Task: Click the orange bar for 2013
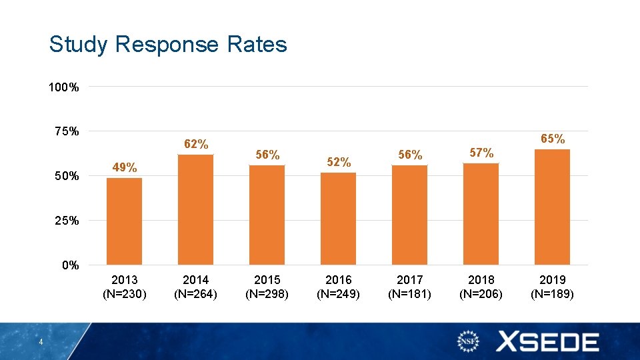tap(124, 221)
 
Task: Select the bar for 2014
tap(195, 209)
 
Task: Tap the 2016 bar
tap(338, 219)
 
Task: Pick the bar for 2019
tap(552, 207)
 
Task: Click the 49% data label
tap(125, 167)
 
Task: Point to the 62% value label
tap(196, 144)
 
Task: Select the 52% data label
tap(339, 162)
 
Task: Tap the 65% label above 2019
tap(553, 139)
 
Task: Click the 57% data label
tap(481, 153)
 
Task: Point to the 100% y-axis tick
tap(64, 87)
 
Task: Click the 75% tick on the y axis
tap(67, 131)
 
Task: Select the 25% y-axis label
tap(67, 221)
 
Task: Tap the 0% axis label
tap(70, 265)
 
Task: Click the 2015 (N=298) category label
tap(267, 286)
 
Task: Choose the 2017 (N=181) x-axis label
tap(409, 286)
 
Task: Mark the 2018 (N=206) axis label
tap(481, 286)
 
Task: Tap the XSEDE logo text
tap(547, 343)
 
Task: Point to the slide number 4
tap(41, 343)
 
